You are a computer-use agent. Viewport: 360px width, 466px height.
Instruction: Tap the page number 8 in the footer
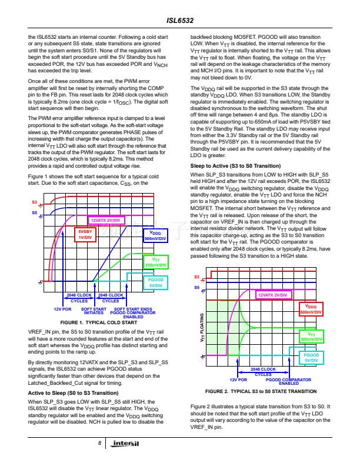click(101, 442)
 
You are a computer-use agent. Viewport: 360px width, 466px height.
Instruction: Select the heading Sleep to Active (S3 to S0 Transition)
click(235, 167)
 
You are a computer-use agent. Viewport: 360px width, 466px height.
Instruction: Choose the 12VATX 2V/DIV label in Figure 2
click(273, 294)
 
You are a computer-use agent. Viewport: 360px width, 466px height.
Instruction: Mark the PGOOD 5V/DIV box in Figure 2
click(311, 358)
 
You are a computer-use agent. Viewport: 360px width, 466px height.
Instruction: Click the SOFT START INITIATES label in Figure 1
click(94, 311)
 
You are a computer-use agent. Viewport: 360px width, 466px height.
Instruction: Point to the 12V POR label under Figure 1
click(62, 308)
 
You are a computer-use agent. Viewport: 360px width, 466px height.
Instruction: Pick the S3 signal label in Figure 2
click(196, 277)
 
